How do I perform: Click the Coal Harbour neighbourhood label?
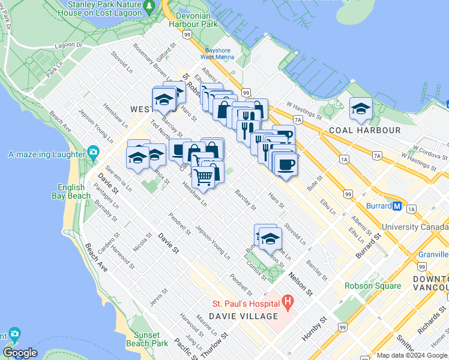coord(364,130)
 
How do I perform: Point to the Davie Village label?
coord(244,316)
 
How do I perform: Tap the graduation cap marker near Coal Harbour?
coord(361,108)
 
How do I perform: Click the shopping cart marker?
coord(203,176)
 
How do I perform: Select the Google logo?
coord(20,353)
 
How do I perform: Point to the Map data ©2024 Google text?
coord(412,355)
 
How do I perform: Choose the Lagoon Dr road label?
coord(68,45)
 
